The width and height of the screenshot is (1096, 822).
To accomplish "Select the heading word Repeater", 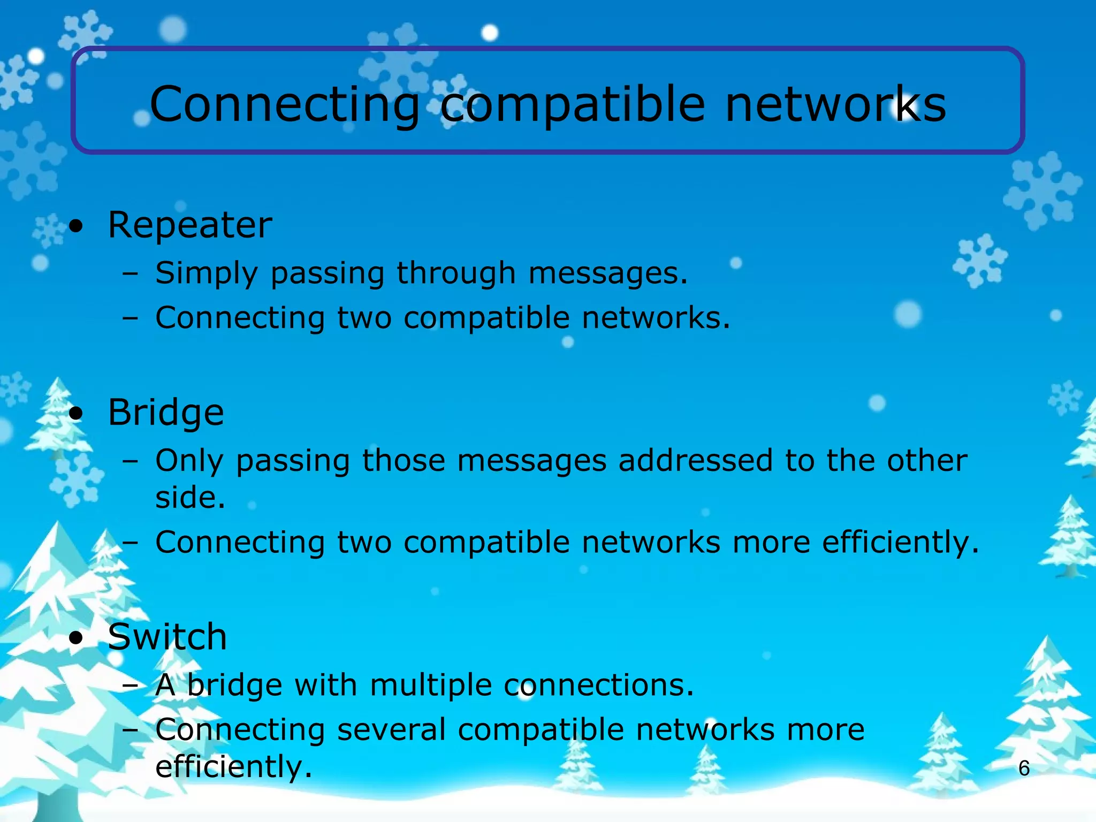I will [x=190, y=225].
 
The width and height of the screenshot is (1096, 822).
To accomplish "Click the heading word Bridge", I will [x=166, y=413].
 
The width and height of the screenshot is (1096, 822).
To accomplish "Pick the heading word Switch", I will [x=168, y=637].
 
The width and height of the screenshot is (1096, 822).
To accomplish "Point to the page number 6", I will [x=1024, y=768].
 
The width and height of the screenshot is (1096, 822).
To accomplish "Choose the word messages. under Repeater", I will [x=608, y=273].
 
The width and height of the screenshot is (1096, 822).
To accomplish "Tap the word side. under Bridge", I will [x=191, y=497].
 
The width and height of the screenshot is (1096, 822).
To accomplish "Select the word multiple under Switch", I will [x=431, y=686].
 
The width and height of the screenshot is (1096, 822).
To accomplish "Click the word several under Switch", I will [x=391, y=730].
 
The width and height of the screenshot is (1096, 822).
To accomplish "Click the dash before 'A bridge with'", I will [x=130, y=686].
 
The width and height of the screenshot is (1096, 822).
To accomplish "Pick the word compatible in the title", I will [x=573, y=104].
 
